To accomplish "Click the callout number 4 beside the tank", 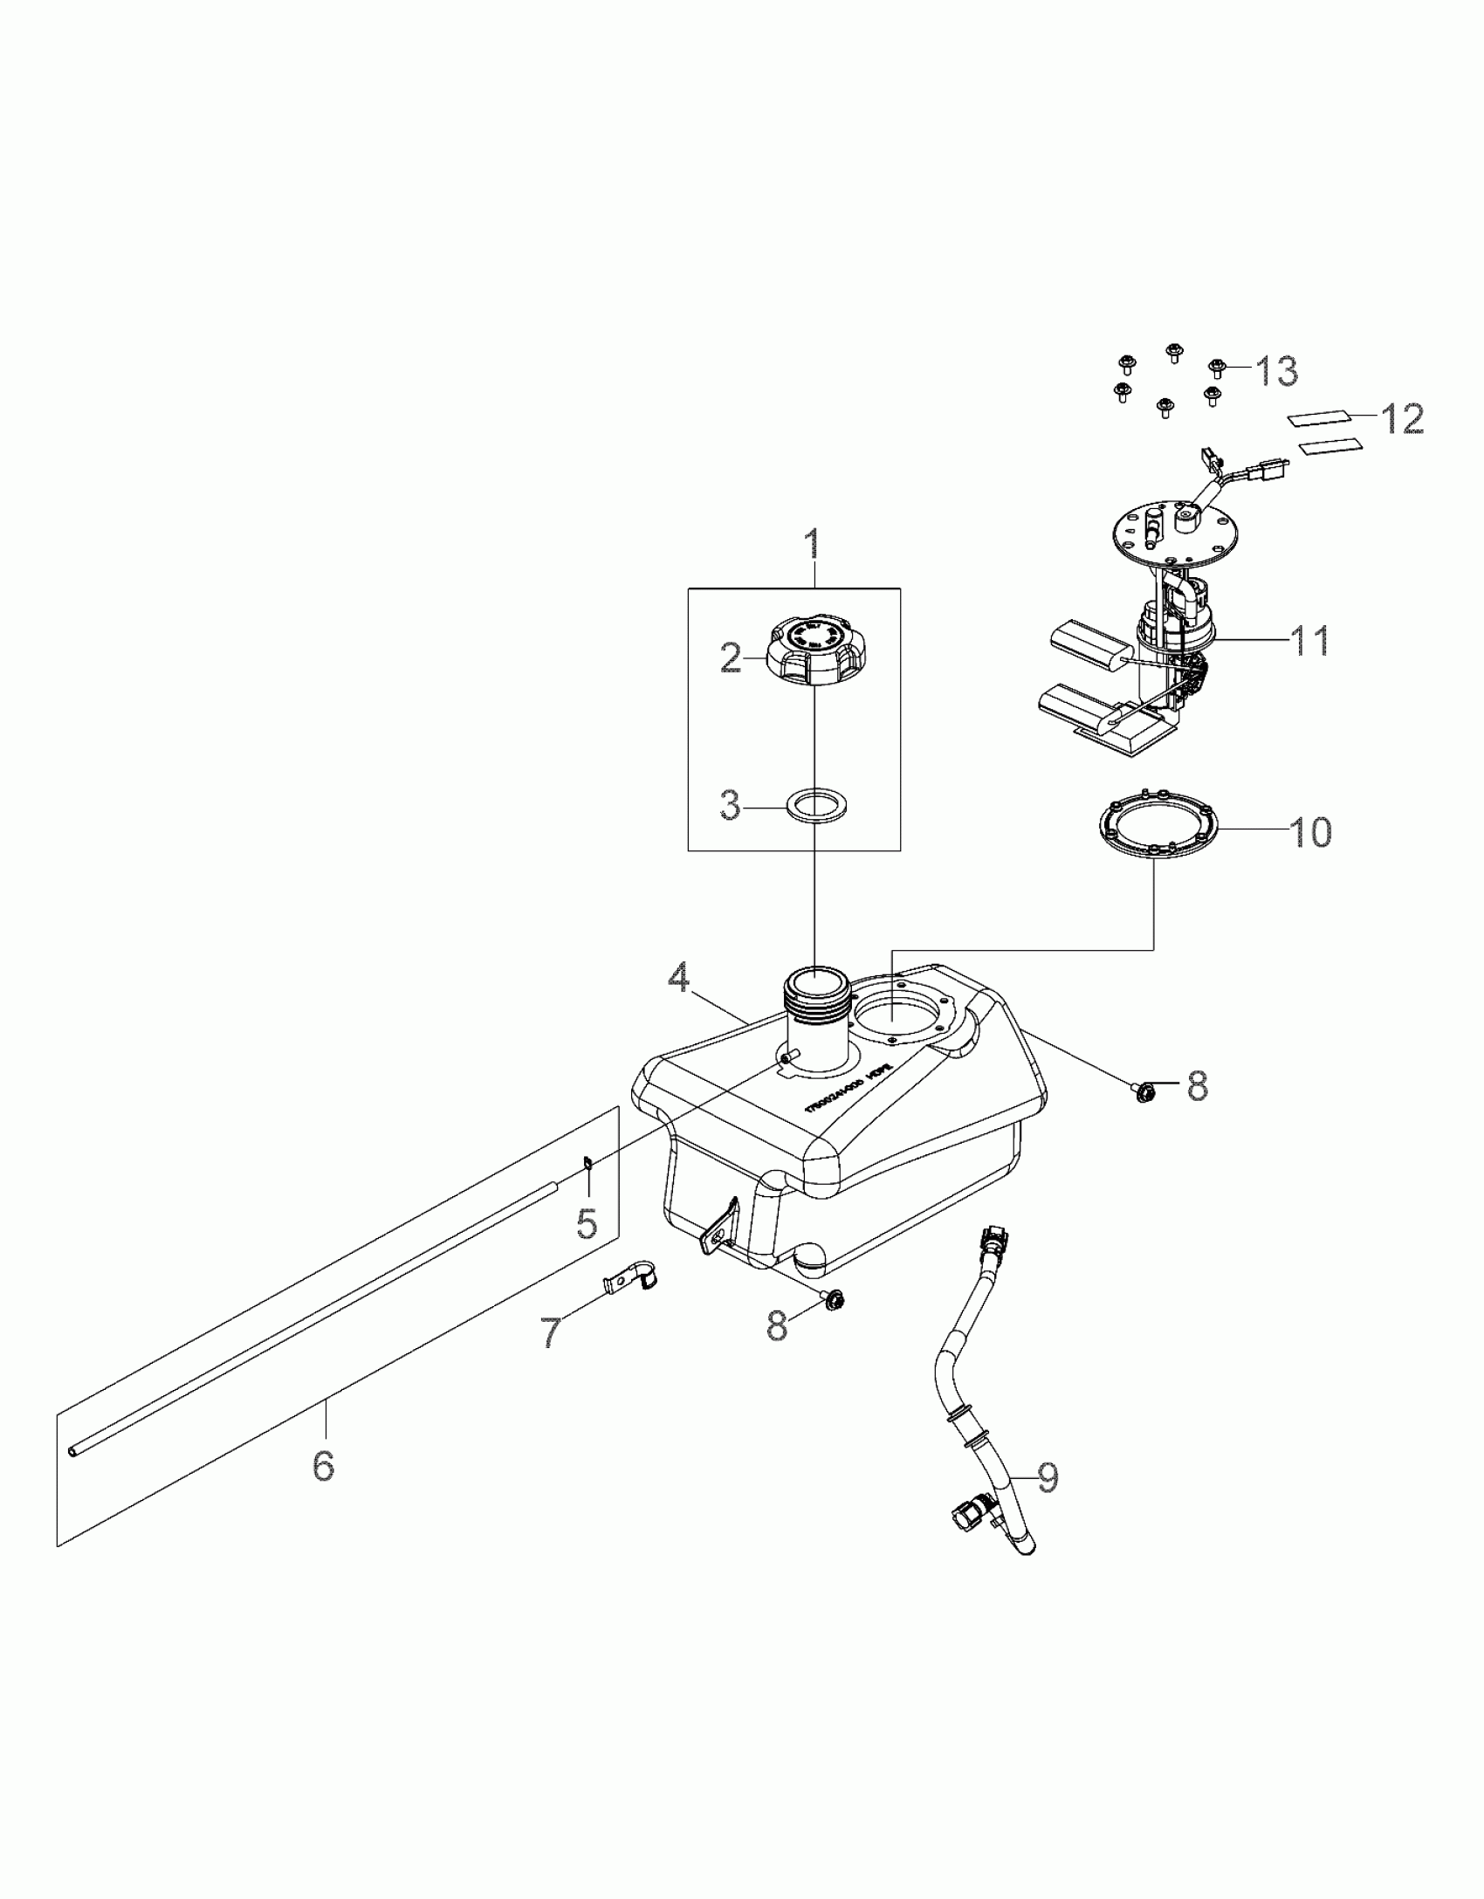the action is tap(679, 979).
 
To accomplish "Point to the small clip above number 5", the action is tap(587, 1160).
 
